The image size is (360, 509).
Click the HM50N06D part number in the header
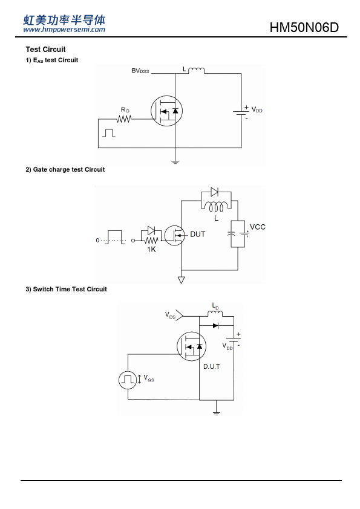coord(304,27)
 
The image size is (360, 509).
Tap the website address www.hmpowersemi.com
coord(64,30)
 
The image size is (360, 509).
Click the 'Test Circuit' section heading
coord(45,50)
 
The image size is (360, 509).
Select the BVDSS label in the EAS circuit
coord(140,71)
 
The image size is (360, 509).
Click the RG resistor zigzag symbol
coord(124,119)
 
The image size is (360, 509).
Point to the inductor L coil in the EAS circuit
coord(196,70)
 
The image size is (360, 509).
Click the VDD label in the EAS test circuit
coord(257,110)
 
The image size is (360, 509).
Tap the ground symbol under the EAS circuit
coord(175,161)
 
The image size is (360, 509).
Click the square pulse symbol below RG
coord(108,133)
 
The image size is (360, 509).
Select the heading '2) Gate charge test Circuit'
coord(65,169)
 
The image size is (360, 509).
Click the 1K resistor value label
coord(151,249)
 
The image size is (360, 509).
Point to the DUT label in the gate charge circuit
coord(197,234)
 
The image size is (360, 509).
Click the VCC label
coord(258,227)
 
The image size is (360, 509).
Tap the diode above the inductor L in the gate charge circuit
coord(214,192)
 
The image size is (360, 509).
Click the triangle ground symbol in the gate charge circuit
coord(182,280)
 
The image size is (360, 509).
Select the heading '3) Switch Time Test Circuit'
coord(67,289)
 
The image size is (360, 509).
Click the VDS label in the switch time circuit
coord(170,315)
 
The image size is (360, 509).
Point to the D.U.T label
coord(212,366)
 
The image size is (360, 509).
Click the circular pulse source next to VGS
coord(128,380)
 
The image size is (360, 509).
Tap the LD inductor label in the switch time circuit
coord(215,306)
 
